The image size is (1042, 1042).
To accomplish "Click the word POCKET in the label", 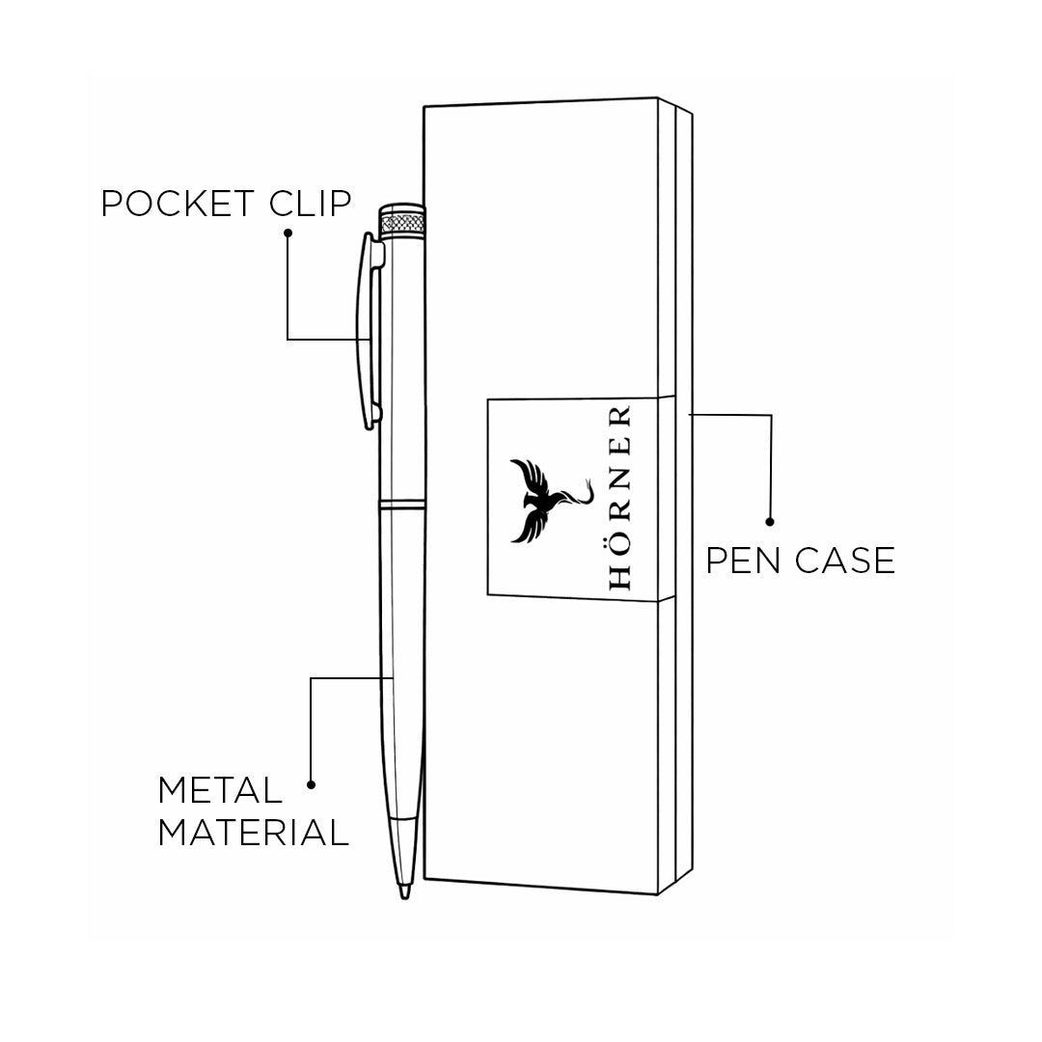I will pos(178,204).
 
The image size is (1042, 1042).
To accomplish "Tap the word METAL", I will pos(220,790).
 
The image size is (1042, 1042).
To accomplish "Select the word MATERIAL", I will pos(253,832).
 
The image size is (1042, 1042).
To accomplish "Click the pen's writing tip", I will pos(405,893).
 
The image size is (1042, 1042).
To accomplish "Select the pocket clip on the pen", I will pos(369,328).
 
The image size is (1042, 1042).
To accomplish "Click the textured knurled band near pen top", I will pos(404,223).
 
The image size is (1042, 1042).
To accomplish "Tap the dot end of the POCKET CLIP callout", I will pos(288,233).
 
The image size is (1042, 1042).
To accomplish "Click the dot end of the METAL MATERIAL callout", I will pos(311,784).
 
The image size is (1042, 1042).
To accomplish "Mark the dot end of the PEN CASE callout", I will pos(769,522).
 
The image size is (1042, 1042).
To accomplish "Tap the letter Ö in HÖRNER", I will pos(619,543).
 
